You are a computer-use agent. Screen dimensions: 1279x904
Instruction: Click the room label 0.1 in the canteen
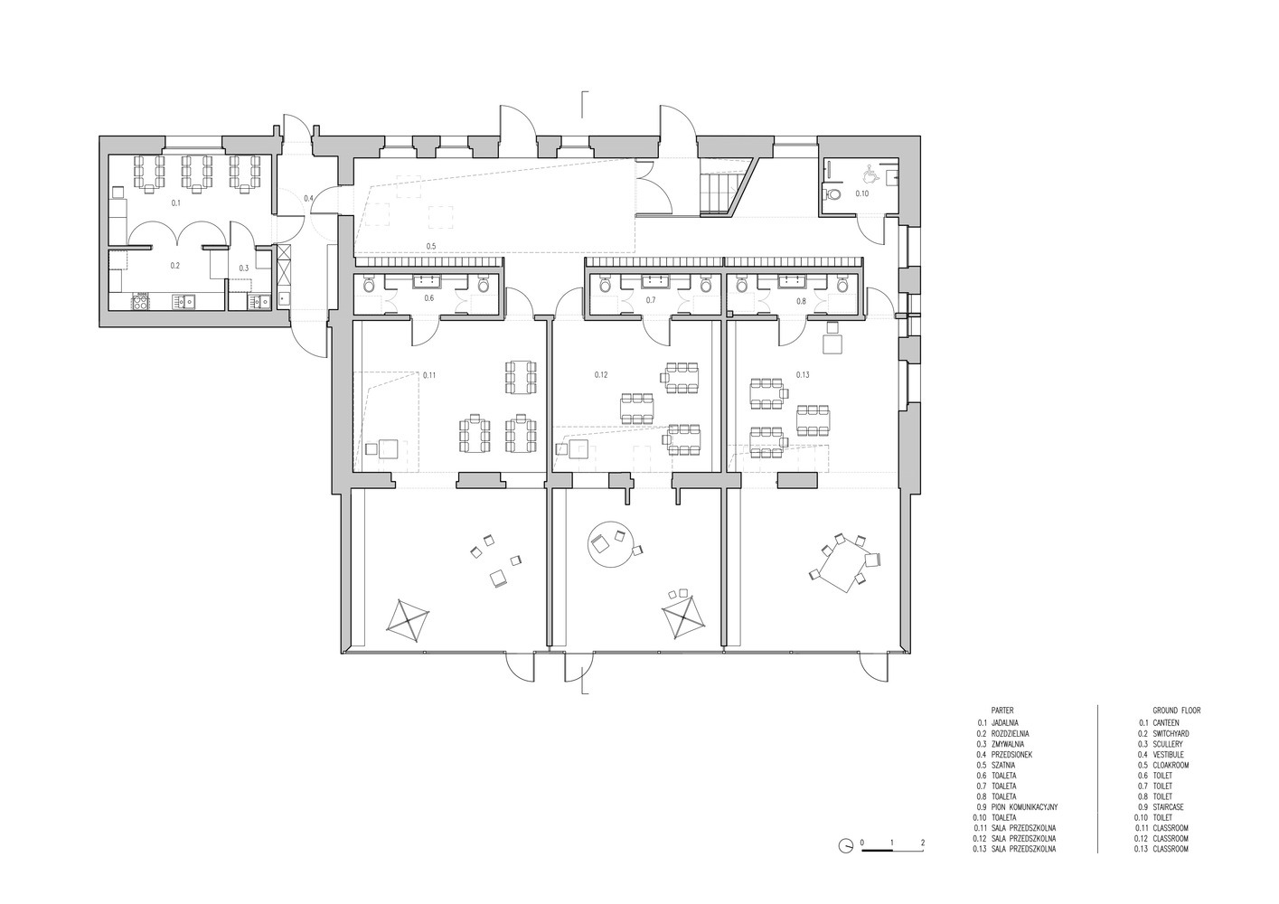tap(176, 202)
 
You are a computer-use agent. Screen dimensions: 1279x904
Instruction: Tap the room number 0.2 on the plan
tap(175, 266)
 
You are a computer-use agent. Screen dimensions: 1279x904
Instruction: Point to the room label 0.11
tap(429, 375)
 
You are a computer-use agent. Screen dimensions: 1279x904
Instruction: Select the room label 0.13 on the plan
tap(803, 374)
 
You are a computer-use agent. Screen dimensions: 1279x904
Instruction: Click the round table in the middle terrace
tap(609, 543)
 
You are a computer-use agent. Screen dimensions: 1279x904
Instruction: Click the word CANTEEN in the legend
tap(1167, 722)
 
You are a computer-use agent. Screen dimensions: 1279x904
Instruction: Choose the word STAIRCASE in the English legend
tap(1170, 807)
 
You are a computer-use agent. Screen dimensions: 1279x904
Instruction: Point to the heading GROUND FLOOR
tap(1176, 711)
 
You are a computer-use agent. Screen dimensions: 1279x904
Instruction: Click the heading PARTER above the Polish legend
tap(1002, 711)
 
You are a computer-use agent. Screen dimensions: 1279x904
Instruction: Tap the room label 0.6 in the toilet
tap(429, 298)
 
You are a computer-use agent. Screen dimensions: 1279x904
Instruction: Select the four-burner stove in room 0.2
tap(140, 300)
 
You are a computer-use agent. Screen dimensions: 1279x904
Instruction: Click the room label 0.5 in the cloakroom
tap(431, 246)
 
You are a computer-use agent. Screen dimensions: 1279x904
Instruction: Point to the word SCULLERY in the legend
tap(1168, 744)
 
